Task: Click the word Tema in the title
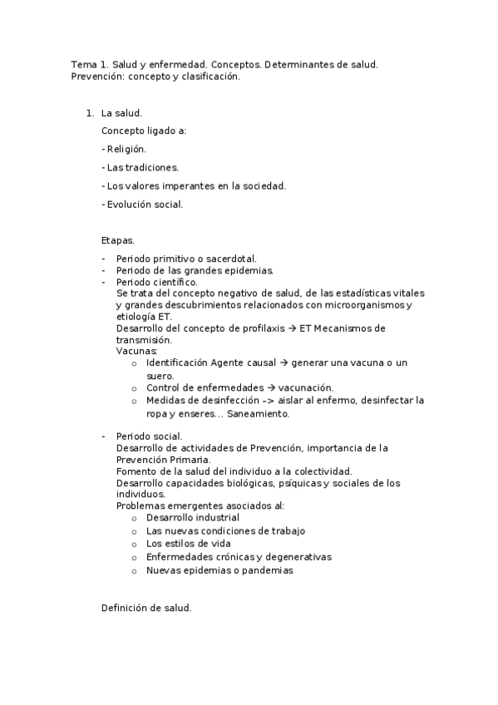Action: pos(83,64)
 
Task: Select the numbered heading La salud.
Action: pos(121,112)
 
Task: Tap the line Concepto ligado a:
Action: pos(144,131)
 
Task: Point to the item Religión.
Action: pos(124,149)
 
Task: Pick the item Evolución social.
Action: pos(142,204)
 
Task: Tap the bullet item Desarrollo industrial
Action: pos(192,517)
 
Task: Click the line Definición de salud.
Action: pos(146,608)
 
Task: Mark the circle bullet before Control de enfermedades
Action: pos(134,387)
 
